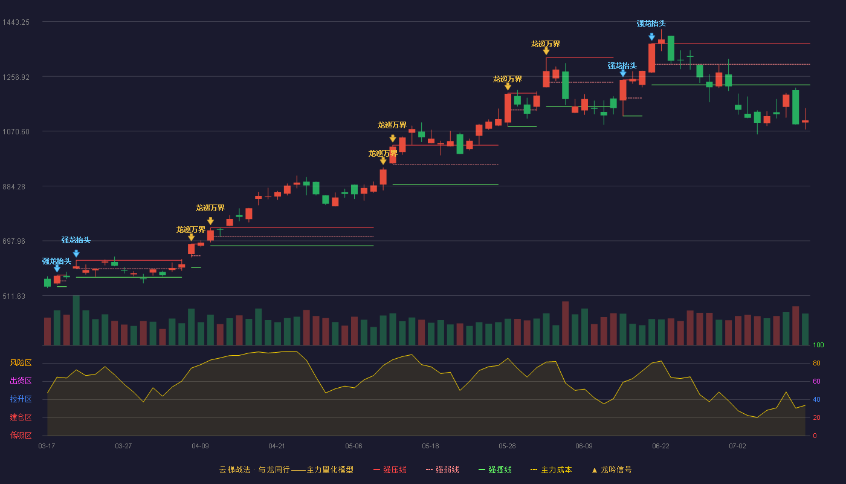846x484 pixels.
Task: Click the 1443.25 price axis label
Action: coord(16,22)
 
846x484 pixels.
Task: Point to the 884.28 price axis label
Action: coord(14,187)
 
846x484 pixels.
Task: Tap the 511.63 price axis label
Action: coord(14,296)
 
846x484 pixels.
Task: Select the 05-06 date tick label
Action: coord(354,446)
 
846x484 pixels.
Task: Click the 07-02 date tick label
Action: coord(737,446)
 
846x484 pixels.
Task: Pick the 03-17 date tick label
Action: coord(47,446)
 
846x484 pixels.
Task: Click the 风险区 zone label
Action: coord(21,363)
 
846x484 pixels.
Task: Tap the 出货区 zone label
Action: coord(21,381)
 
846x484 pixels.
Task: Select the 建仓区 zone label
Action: coord(21,417)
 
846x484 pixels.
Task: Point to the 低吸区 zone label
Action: coord(21,435)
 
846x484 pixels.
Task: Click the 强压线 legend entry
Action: coord(390,469)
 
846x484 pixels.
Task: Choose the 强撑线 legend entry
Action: coord(495,469)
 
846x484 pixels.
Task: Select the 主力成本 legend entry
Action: coord(551,469)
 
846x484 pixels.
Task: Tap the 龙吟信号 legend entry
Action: coord(612,469)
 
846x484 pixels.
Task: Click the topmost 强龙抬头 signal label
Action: coord(651,24)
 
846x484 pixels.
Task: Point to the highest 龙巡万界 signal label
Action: coord(545,44)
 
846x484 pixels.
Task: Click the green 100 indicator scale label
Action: coord(818,345)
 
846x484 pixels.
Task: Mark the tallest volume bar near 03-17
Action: coord(76,320)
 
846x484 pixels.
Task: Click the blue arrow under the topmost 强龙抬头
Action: coord(651,37)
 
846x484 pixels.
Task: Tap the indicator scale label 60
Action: coord(816,381)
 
